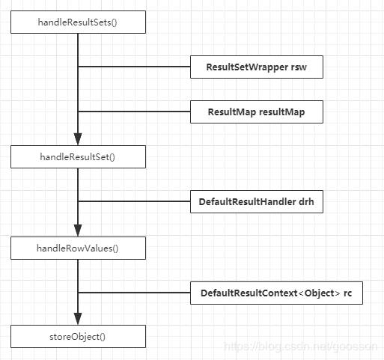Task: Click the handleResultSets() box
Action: pos(78,22)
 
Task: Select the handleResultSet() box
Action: pos(78,156)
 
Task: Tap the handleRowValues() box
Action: pos(78,248)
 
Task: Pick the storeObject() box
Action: pos(78,336)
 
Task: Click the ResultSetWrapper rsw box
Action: pos(257,67)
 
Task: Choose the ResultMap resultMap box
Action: pos(257,112)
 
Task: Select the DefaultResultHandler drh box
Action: pos(257,201)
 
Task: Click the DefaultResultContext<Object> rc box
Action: pos(276,293)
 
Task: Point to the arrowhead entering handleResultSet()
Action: pos(78,139)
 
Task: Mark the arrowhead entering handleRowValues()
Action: pos(78,231)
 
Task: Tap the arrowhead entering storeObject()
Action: pos(78,319)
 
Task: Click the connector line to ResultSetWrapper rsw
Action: pos(134,67)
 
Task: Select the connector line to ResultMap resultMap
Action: pos(134,112)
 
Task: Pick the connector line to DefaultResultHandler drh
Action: pos(134,201)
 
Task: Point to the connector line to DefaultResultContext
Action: pos(134,293)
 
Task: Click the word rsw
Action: pos(299,67)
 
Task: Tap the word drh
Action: pos(306,201)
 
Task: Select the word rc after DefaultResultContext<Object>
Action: pos(347,293)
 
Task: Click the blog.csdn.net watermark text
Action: pos(301,347)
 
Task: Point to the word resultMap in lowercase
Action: pos(282,112)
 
